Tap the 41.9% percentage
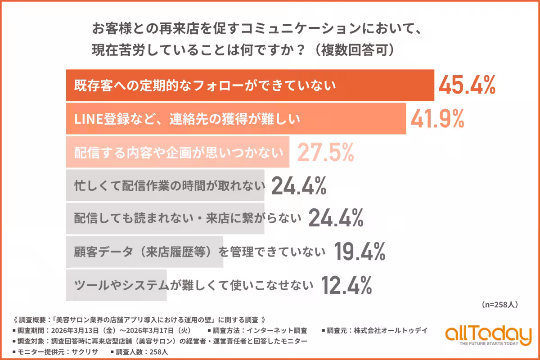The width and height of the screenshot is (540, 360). tap(437, 118)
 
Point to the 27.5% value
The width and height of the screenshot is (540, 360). tap(325, 153)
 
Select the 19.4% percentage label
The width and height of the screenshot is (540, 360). tap(360, 252)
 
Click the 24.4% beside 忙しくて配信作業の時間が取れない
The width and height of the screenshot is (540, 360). tap(298, 185)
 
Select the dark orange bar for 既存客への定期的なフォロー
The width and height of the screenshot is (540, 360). tap(250, 85)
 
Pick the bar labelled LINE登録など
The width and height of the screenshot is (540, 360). tap(236, 119)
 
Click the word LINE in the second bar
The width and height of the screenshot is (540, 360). tap(85, 119)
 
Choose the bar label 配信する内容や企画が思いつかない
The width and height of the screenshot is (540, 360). tap(179, 153)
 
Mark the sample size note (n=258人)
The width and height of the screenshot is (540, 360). tap(499, 305)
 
